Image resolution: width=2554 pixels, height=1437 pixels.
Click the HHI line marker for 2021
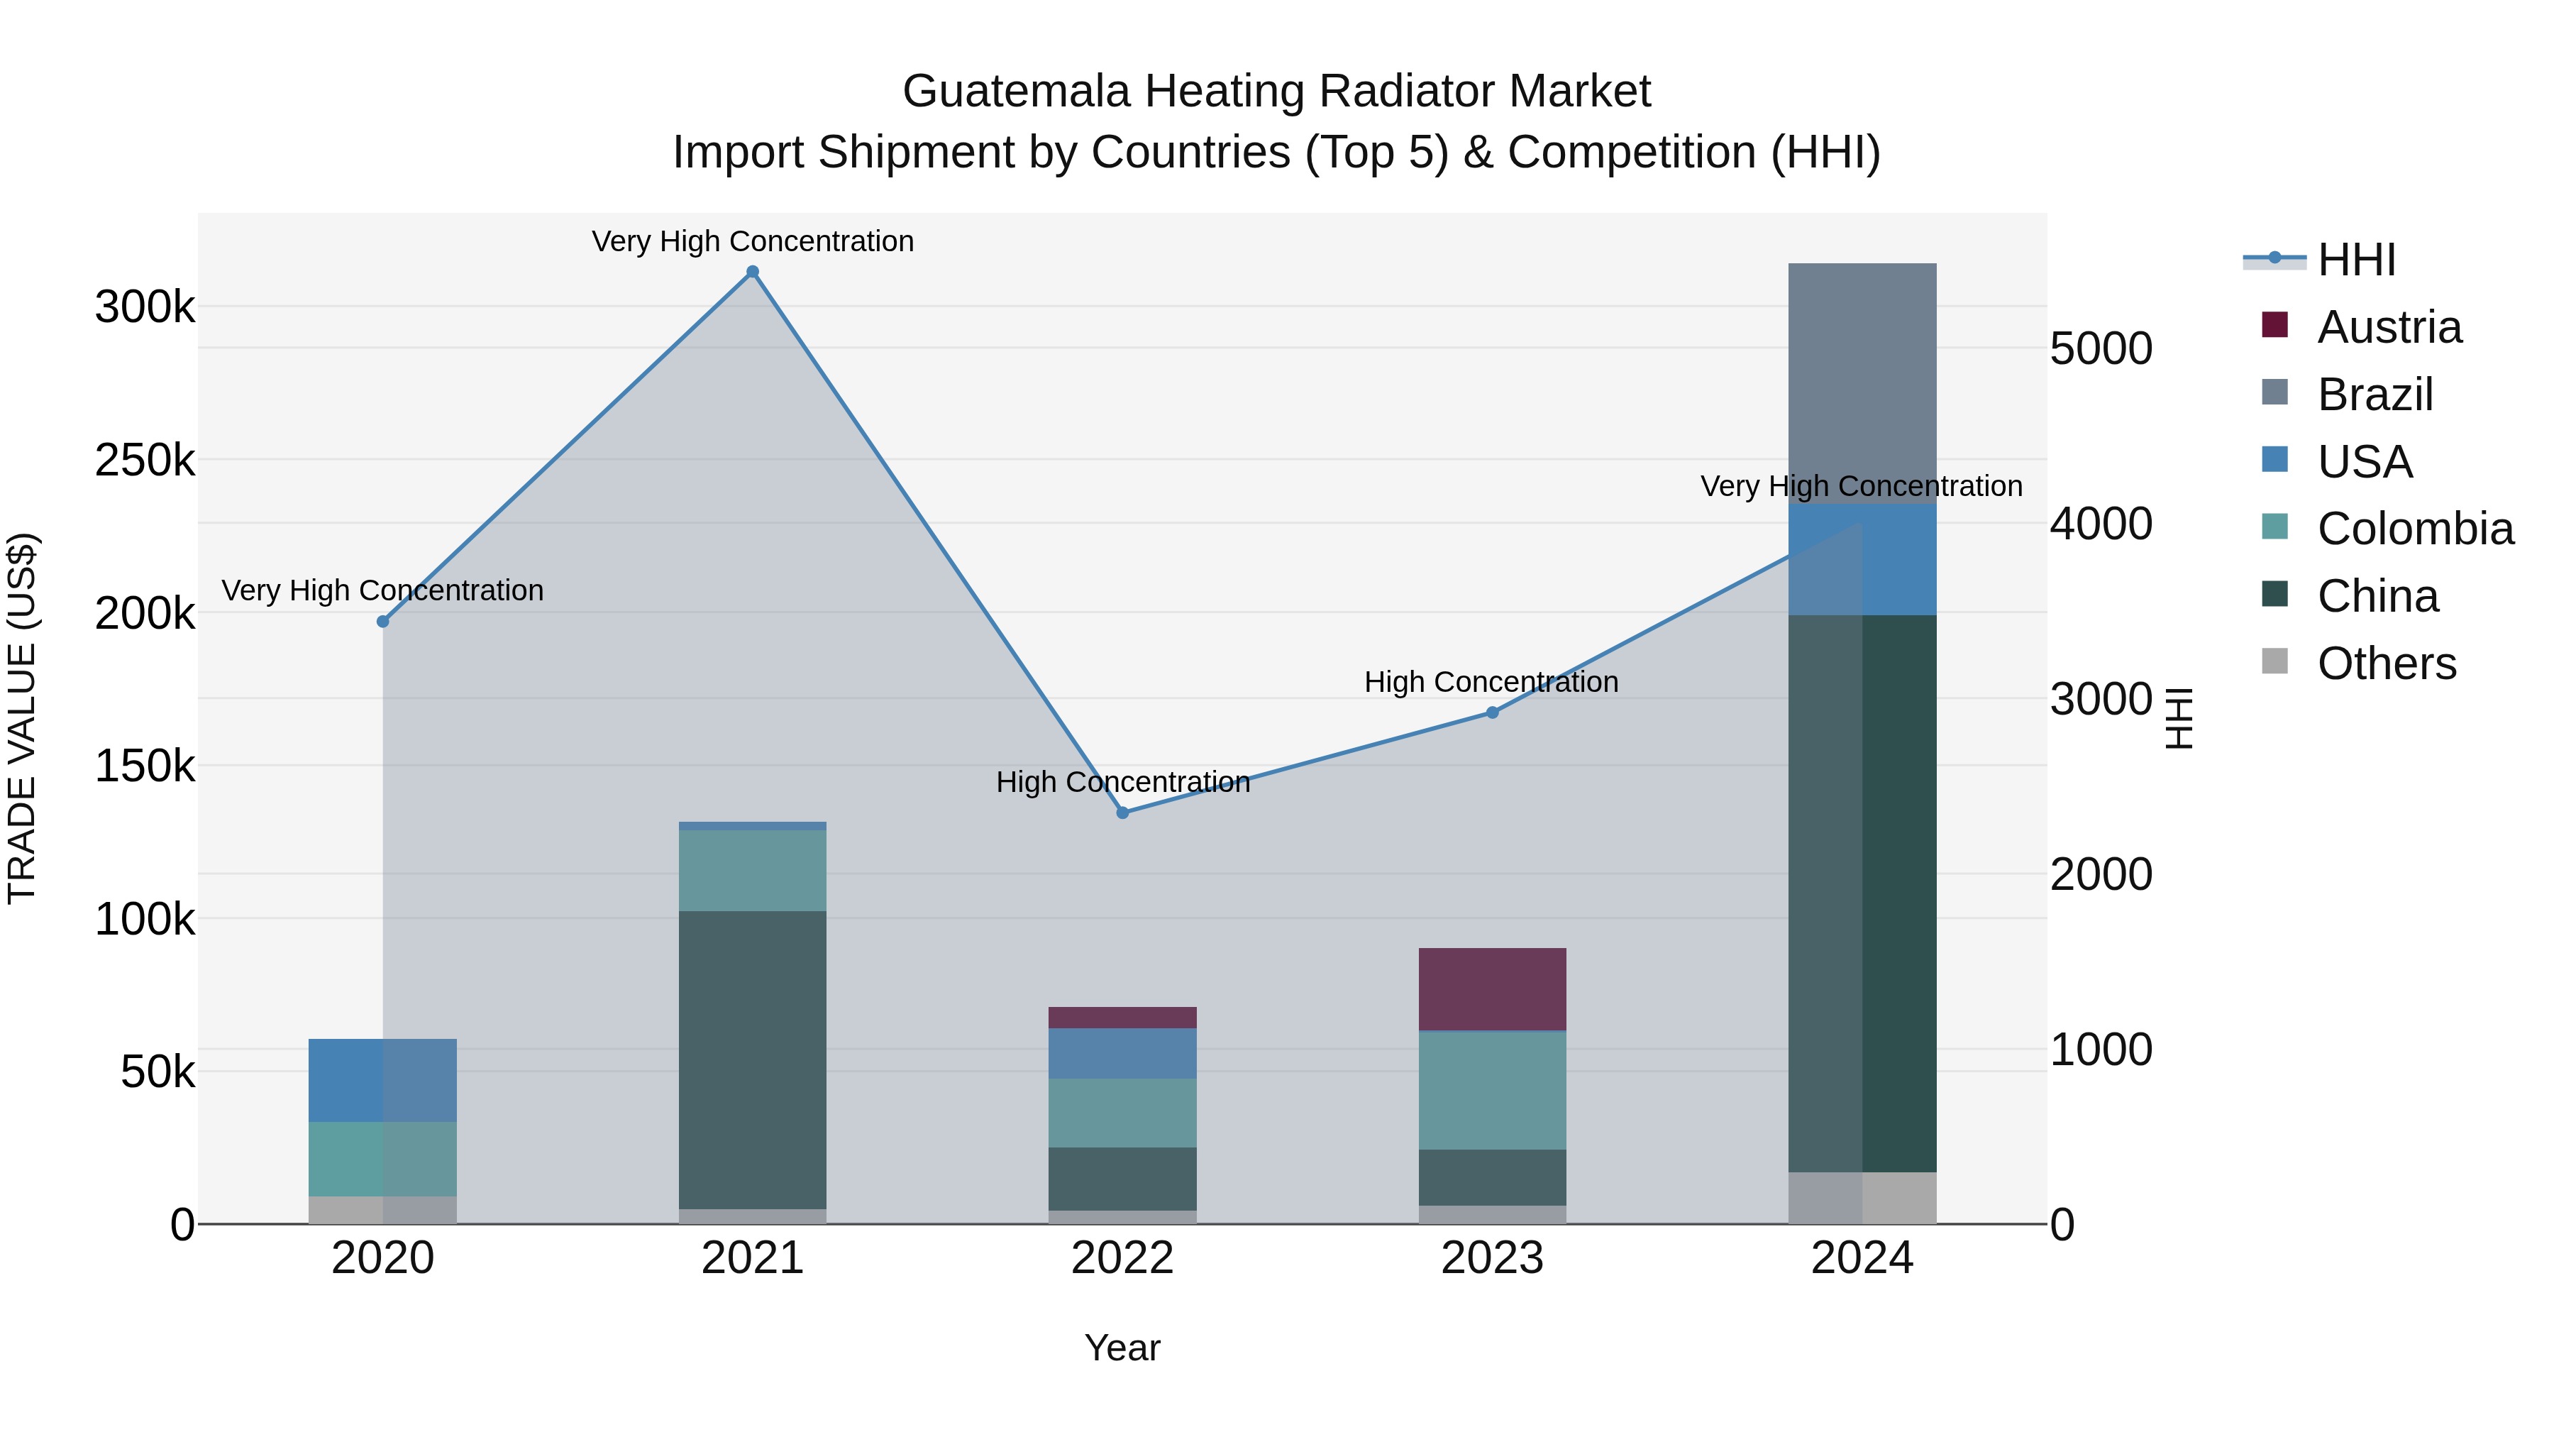pyautogui.click(x=753, y=272)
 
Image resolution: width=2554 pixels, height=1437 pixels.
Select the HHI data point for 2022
pyautogui.click(x=1122, y=813)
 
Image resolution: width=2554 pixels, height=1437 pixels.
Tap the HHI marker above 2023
pyautogui.click(x=1492, y=712)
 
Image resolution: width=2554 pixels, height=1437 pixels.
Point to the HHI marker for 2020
pyautogui.click(x=382, y=621)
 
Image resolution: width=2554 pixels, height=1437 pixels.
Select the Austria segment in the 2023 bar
pyautogui.click(x=1492, y=989)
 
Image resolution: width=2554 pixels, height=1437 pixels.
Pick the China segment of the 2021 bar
pyautogui.click(x=753, y=1059)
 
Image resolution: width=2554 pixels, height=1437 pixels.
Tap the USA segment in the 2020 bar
pyautogui.click(x=382, y=1080)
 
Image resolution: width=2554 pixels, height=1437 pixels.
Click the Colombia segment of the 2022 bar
pyautogui.click(x=1122, y=1113)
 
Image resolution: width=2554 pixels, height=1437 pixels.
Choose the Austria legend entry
pyautogui.click(x=2389, y=327)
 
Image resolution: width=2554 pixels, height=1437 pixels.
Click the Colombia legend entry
pyautogui.click(x=2415, y=529)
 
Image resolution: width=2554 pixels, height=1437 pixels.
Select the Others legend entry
pyautogui.click(x=2387, y=664)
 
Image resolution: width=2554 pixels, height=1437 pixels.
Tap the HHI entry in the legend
pyautogui.click(x=2355, y=260)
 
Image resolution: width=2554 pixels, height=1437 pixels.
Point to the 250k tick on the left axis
pyautogui.click(x=145, y=460)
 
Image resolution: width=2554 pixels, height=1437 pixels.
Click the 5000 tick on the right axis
pyautogui.click(x=2101, y=349)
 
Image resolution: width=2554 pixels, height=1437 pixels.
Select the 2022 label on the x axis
pyautogui.click(x=1122, y=1258)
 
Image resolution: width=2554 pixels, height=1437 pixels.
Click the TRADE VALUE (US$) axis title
pyautogui.click(x=22, y=718)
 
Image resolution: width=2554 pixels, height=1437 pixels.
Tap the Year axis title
pyautogui.click(x=1122, y=1348)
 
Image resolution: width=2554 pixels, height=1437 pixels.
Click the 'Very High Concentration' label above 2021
pyautogui.click(x=753, y=241)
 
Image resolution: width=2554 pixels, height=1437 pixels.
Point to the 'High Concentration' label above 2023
pyautogui.click(x=1491, y=682)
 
